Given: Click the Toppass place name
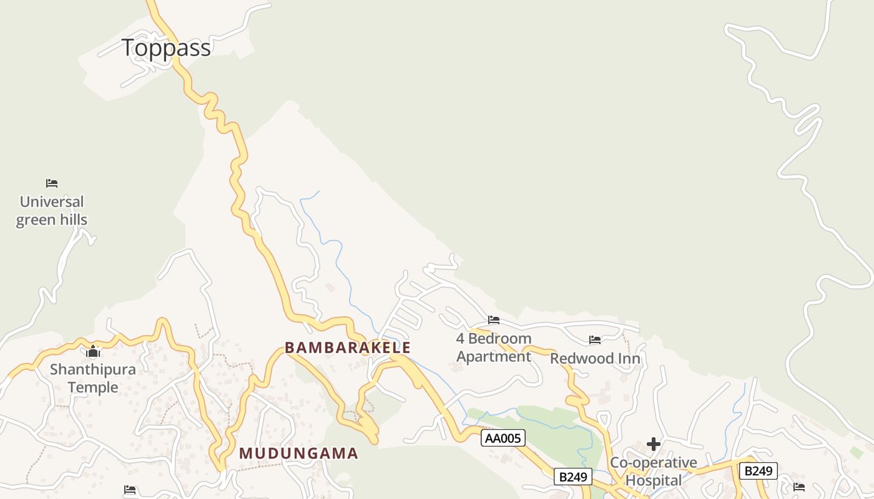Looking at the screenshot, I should click(x=165, y=48).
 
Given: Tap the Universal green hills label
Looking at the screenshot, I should click(x=51, y=211).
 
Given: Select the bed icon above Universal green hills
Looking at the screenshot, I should click(x=52, y=183).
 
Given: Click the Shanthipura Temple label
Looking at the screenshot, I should click(x=93, y=378).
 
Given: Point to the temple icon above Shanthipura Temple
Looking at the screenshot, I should click(x=94, y=352).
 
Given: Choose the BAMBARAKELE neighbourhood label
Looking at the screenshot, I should click(x=348, y=347).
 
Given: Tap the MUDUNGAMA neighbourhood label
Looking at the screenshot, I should click(x=299, y=453).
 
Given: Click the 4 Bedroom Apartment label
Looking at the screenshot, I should click(x=494, y=347).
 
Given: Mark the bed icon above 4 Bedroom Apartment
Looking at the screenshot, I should click(x=494, y=320).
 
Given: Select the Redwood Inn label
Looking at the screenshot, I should click(x=595, y=359).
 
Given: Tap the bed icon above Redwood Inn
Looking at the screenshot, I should click(x=595, y=340).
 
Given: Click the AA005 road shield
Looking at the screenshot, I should click(x=503, y=438).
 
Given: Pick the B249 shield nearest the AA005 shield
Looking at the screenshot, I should click(x=572, y=477).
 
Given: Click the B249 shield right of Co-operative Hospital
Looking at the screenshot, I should click(x=758, y=470).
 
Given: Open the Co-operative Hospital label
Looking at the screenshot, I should click(x=654, y=472).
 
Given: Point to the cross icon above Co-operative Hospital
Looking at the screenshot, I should click(x=654, y=444).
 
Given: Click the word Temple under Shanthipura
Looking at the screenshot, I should click(x=93, y=387).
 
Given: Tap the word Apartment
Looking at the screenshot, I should click(x=494, y=357).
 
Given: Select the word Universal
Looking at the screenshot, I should click(x=51, y=202).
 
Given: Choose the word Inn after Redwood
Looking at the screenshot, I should click(x=629, y=359).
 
